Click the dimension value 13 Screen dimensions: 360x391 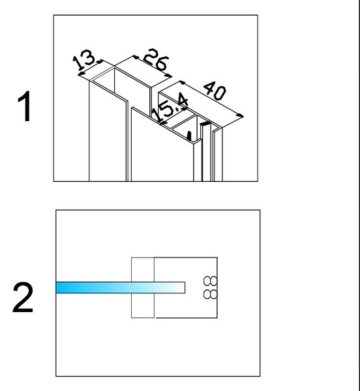click(x=84, y=59)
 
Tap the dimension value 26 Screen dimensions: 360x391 click(x=156, y=59)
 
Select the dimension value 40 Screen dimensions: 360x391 click(x=215, y=91)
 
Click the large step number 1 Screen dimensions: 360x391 click(x=24, y=106)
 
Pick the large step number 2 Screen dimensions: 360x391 click(x=23, y=297)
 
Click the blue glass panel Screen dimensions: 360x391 click(x=120, y=287)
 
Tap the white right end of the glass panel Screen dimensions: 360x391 click(x=179, y=287)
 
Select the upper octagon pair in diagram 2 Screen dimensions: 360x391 click(x=210, y=281)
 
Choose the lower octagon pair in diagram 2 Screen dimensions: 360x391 click(x=210, y=294)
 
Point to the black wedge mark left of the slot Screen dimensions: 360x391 click(x=189, y=136)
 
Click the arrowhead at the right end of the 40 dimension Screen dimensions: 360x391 click(x=241, y=115)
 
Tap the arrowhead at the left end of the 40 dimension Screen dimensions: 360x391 click(x=182, y=82)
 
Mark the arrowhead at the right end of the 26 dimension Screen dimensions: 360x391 click(x=169, y=76)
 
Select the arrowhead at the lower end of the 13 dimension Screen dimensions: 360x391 click(x=81, y=74)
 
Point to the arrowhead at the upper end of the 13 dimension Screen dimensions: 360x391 click(x=100, y=61)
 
